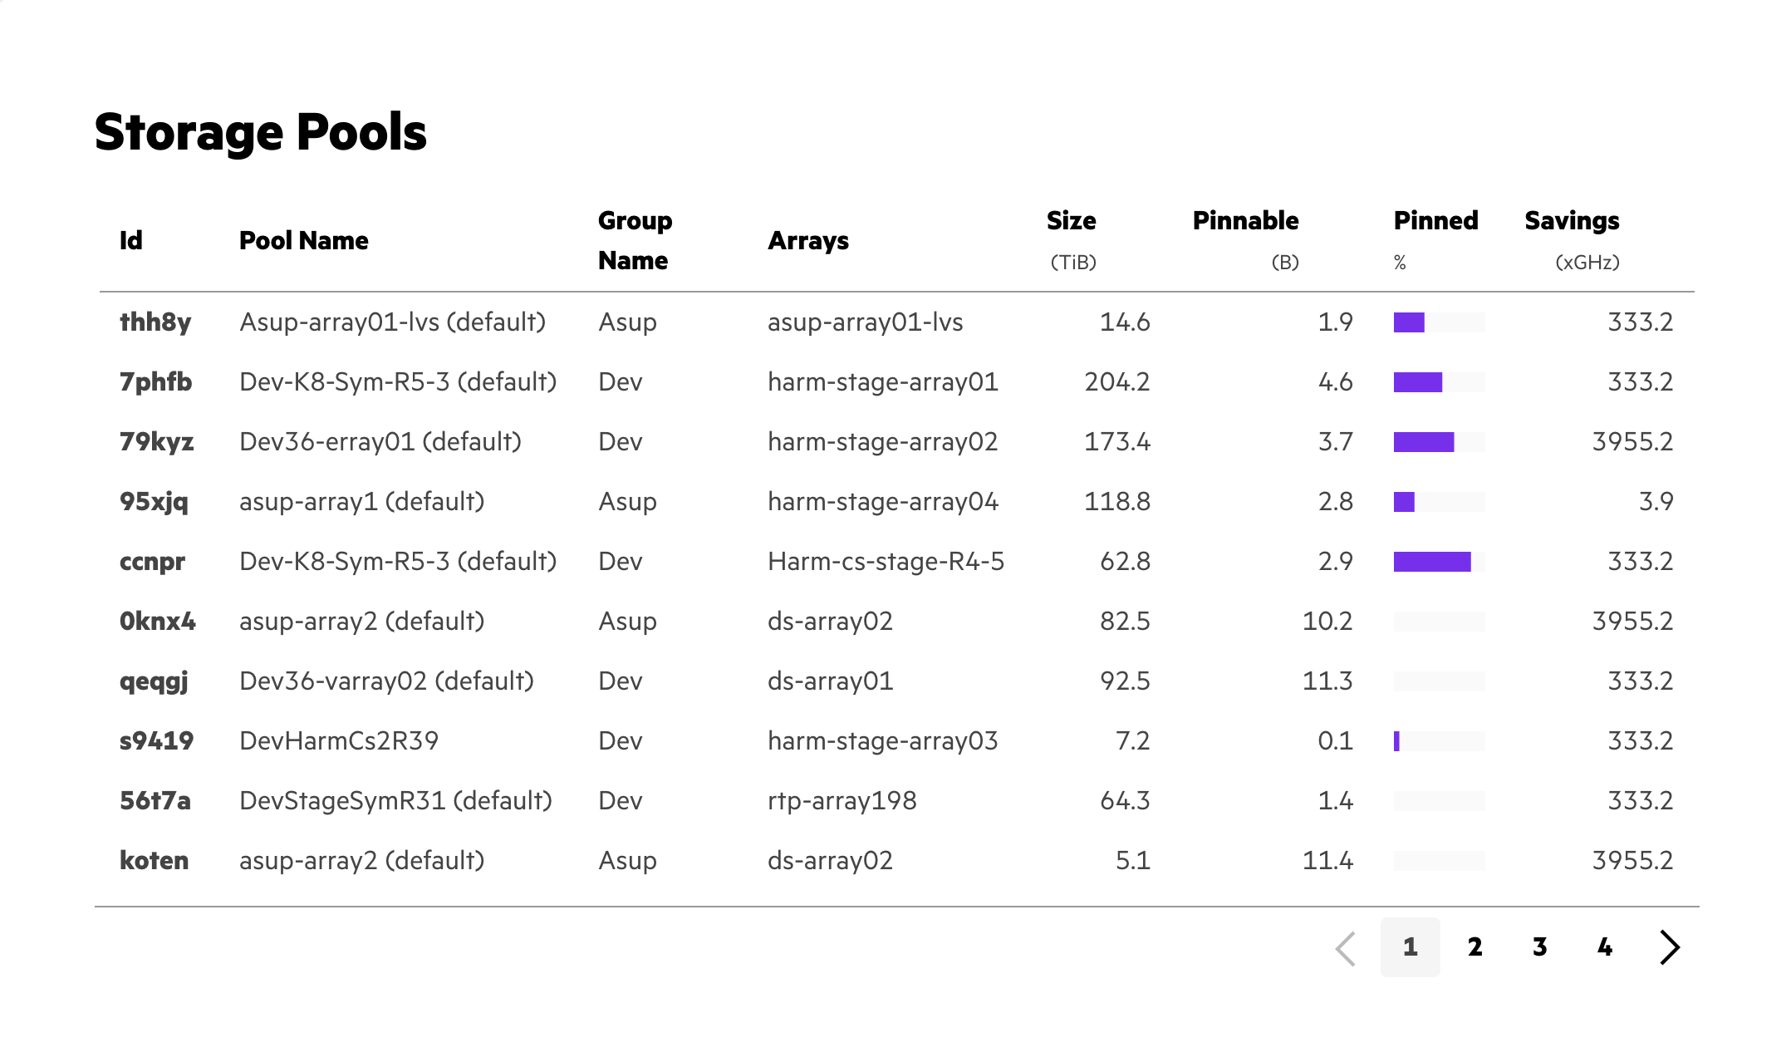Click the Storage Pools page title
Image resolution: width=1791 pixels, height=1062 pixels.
point(260,132)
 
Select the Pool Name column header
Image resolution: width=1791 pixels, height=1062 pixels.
point(303,241)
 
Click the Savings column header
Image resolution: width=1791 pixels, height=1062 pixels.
point(1572,221)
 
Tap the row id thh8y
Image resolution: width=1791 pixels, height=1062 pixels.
point(155,322)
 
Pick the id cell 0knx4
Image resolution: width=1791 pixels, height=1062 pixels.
point(158,622)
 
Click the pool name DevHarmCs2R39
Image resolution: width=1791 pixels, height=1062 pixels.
point(339,741)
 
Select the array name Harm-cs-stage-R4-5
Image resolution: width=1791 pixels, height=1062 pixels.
point(886,562)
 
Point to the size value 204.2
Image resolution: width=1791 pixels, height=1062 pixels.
point(1116,382)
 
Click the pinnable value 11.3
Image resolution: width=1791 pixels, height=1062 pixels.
point(1327,681)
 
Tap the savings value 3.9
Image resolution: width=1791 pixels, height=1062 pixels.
point(1656,502)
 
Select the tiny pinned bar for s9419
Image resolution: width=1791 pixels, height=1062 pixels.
point(1397,741)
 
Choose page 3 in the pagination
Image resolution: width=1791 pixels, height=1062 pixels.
point(1539,947)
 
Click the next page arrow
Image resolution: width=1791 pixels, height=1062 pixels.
point(1670,947)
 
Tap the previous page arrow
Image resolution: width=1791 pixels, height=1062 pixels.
point(1346,947)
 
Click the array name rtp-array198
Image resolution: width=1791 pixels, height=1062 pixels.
point(842,801)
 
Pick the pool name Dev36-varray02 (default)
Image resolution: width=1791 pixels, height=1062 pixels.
point(386,681)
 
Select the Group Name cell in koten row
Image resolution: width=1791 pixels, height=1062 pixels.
point(627,861)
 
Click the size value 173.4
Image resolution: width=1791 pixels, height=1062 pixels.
point(1116,442)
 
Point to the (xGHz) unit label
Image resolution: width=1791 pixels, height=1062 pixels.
point(1587,263)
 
